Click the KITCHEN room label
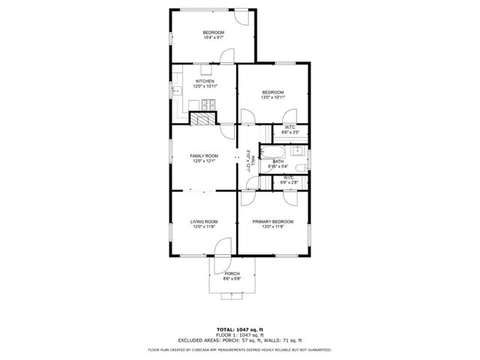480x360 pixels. point(205,81)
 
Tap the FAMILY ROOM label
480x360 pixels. point(204,156)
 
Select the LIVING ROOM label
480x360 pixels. point(204,221)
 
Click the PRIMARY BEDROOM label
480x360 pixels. point(272,221)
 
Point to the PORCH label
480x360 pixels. point(232,274)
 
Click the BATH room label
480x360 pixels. point(278,161)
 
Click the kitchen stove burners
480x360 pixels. point(212,103)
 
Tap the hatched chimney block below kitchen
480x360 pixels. point(201,118)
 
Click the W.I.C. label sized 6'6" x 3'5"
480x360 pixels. point(289,129)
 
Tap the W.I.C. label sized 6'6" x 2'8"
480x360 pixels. point(289,180)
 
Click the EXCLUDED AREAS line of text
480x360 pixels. point(239,340)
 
